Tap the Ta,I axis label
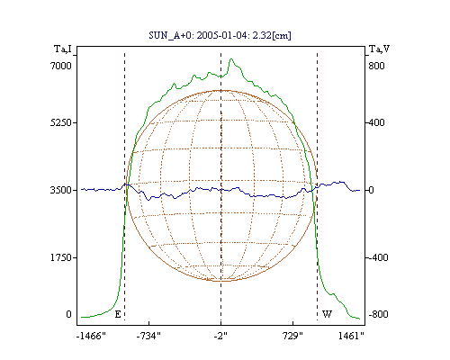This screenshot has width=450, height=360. tap(63, 49)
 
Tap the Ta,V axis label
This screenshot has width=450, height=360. tap(379, 49)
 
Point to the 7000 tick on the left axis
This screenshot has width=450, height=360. tap(61, 66)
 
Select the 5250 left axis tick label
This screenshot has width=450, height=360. tap(61, 122)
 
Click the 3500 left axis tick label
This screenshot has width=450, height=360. tap(61, 190)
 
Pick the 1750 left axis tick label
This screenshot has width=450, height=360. tap(61, 257)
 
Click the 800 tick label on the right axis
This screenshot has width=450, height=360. tap(376, 66)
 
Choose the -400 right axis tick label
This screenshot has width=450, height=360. tap(378, 257)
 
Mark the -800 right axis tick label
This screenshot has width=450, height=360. tap(378, 314)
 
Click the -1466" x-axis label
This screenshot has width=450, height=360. tap(91, 336)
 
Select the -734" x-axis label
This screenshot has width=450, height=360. tap(148, 336)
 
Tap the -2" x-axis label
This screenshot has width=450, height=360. tap(220, 336)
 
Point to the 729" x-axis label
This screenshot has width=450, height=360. tap(292, 336)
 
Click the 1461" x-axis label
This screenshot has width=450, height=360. tap(351, 336)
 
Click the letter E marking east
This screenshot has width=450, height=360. tap(118, 314)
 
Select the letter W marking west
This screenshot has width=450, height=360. tap(327, 314)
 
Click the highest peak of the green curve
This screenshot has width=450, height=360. tap(231, 59)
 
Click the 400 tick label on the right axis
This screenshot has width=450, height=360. tap(376, 122)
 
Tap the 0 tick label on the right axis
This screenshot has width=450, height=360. tap(371, 190)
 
